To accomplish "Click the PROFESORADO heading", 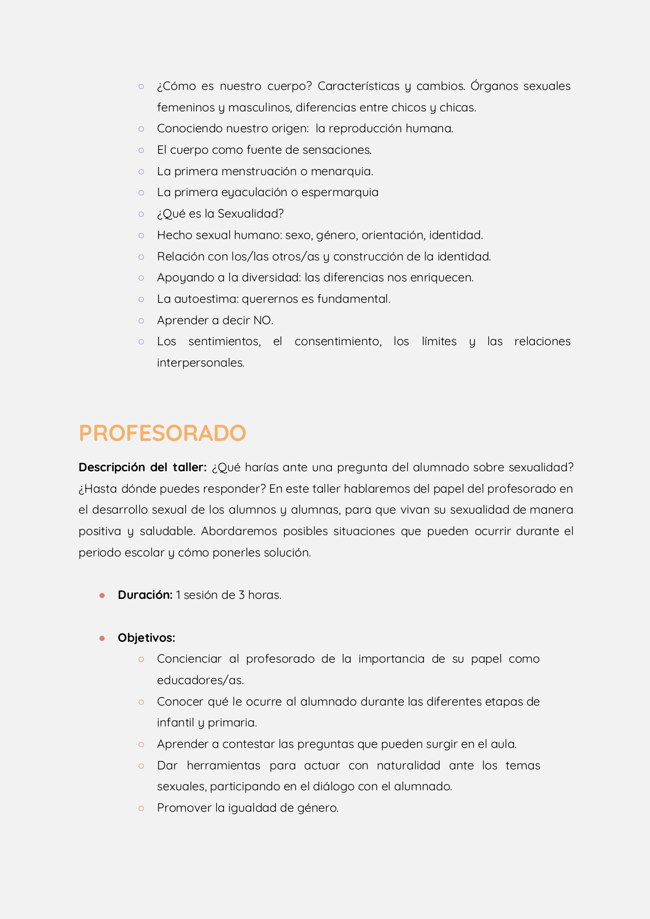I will point(162,433).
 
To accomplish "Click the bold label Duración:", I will point(145,595).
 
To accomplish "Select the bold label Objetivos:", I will point(147,638).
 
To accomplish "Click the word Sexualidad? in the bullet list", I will point(251,214).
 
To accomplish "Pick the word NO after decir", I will point(263,321).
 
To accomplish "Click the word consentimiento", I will point(338,342).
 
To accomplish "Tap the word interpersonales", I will point(200,363).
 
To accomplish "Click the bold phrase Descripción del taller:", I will point(142,468).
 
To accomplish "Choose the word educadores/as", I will point(200,680).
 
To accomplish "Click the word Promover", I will point(184,808).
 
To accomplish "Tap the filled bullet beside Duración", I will point(102,596).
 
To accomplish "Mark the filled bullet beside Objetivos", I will point(102,638).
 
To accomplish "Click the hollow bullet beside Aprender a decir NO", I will point(141,321).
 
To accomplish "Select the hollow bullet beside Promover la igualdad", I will point(141,808).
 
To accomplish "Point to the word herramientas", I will point(223,766).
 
